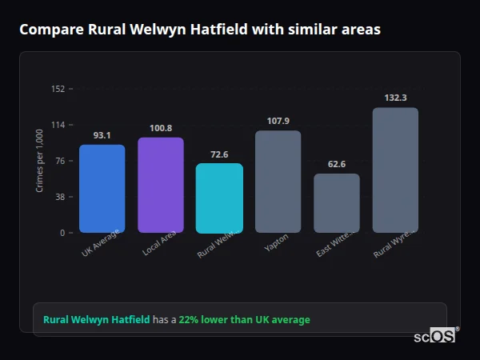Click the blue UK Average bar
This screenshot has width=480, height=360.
(102, 189)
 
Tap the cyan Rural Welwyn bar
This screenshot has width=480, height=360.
(219, 198)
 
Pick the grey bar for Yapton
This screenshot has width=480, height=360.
(278, 182)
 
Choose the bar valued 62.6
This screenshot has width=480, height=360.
(337, 203)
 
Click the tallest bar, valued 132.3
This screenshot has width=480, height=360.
(395, 170)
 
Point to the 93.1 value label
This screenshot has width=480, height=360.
(102, 135)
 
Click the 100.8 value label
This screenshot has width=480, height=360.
(161, 128)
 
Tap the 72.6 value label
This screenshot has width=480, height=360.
(219, 154)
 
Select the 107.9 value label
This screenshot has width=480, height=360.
(278, 121)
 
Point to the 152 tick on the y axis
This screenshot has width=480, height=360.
(58, 89)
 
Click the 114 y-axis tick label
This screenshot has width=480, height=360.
(58, 125)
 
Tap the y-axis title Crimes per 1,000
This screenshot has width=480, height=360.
(39, 161)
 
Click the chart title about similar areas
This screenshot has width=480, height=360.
(200, 30)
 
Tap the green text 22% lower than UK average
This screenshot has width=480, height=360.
(244, 320)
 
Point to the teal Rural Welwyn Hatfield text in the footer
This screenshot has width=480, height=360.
(96, 320)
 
